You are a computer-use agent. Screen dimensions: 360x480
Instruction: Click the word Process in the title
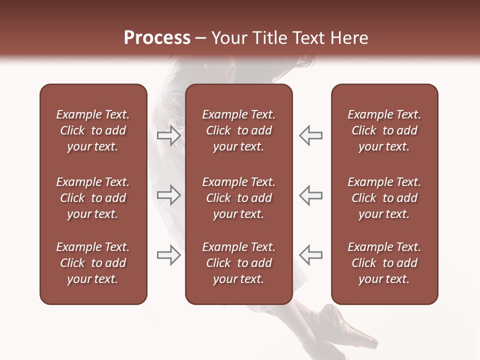click(157, 38)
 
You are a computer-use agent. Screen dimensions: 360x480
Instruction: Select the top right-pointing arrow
click(168, 135)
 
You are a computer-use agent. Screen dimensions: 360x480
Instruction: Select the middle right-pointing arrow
click(168, 195)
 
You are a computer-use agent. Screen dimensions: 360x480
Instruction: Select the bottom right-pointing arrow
click(168, 255)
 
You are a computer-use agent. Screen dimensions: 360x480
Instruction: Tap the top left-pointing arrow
click(311, 135)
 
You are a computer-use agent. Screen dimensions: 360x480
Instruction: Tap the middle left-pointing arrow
click(311, 195)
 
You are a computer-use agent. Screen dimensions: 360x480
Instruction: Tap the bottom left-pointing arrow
click(311, 255)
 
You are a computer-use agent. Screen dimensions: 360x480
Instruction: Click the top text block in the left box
click(93, 130)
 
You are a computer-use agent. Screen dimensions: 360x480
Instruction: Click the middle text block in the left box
click(93, 198)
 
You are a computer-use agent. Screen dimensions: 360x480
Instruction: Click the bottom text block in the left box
click(93, 263)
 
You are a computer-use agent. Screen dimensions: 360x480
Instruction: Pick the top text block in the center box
click(238, 130)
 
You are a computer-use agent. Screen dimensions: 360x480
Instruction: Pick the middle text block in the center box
click(238, 198)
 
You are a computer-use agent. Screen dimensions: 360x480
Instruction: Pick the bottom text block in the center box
click(238, 263)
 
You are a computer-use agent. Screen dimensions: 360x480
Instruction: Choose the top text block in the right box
click(384, 130)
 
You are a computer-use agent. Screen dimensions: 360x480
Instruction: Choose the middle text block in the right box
click(384, 198)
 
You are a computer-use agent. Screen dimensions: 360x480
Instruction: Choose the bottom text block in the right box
click(384, 263)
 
